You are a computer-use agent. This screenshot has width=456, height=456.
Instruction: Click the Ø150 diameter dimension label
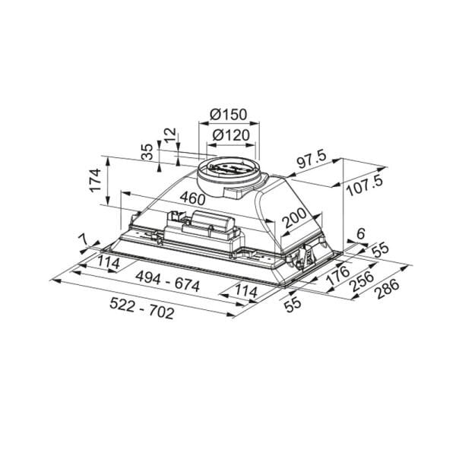[228, 115]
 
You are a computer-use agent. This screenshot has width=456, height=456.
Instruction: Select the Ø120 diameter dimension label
[231, 135]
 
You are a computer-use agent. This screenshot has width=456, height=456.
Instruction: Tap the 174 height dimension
[96, 180]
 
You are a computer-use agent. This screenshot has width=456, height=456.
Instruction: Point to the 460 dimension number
[192, 198]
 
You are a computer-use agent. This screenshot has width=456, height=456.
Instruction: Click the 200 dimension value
[295, 218]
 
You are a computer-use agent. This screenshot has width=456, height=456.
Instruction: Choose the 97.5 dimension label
[312, 160]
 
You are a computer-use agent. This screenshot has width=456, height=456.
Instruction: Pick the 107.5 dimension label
[365, 186]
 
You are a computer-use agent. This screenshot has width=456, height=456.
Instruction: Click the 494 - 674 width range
[167, 281]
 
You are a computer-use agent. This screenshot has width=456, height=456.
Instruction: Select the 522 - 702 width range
[142, 309]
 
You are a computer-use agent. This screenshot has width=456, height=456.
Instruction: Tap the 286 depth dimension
[388, 289]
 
